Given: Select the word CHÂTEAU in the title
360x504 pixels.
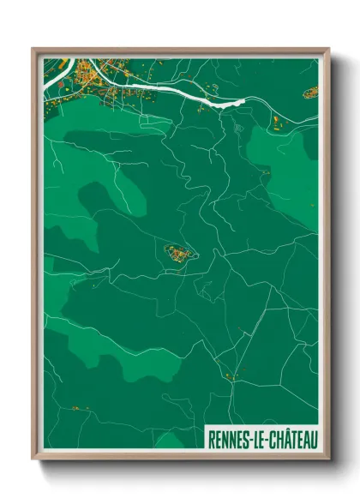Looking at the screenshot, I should coord(293,439).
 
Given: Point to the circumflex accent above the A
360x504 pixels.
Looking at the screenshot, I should coord(285,431).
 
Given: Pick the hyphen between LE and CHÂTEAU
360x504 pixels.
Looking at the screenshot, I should coord(268,440).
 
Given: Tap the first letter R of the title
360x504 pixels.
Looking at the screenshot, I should coord(211,439).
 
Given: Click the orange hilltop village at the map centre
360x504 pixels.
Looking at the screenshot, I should coord(180,253).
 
